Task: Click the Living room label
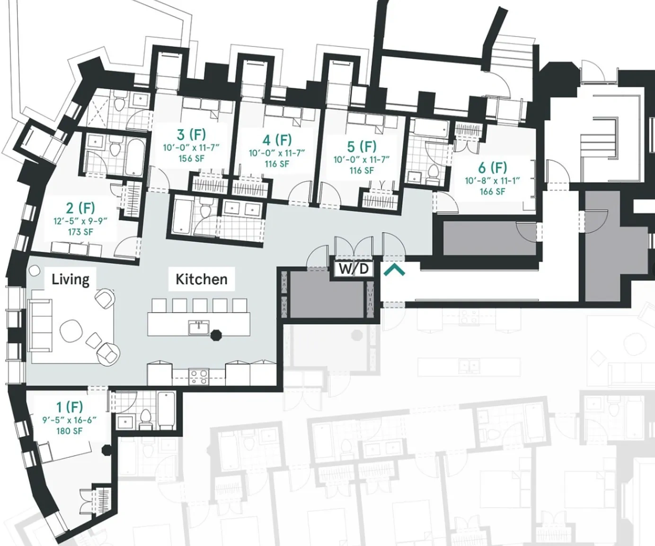tap(70, 280)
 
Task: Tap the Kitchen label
tap(202, 279)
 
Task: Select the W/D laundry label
tap(353, 269)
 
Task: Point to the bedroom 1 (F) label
tap(69, 407)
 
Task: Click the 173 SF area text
tap(80, 232)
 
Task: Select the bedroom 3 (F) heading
tap(191, 135)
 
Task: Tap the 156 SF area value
tap(191, 158)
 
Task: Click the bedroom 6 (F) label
tap(493, 168)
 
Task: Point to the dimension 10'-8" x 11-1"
tap(493, 181)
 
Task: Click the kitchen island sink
tap(199, 328)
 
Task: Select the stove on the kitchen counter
tap(199, 377)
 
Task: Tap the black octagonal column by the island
tap(215, 335)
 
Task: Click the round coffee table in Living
tap(71, 330)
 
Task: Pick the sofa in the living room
tap(40, 325)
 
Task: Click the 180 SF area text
tap(69, 431)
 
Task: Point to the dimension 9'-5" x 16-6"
tap(69, 420)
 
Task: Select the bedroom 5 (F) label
tap(362, 146)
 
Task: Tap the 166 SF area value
tap(493, 191)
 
